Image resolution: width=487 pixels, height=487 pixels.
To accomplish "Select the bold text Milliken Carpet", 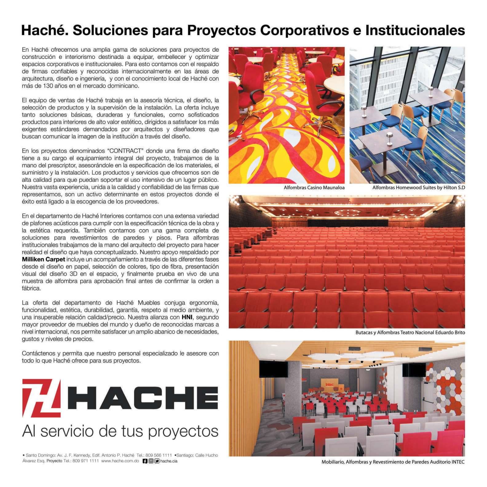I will point(43,259).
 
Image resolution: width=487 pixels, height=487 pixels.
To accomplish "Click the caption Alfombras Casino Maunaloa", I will point(314,188).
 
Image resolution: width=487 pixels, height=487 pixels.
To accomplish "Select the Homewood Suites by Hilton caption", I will point(418,188).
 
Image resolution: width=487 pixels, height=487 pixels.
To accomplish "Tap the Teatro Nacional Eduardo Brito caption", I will point(410,332).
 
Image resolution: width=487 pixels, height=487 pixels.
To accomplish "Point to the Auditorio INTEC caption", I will point(393,462).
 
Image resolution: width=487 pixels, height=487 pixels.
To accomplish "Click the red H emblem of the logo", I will point(42,398).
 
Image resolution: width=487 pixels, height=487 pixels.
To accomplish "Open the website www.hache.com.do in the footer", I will point(120,461).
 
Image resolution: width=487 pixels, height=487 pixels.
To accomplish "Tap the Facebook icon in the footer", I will point(145,461).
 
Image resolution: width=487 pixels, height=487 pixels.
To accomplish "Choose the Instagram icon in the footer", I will point(151,461).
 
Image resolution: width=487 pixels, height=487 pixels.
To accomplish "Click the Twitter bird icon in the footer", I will point(157,461).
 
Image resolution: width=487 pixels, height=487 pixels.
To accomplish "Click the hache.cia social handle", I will point(169,461).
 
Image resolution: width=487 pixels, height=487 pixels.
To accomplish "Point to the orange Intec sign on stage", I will point(329,384).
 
